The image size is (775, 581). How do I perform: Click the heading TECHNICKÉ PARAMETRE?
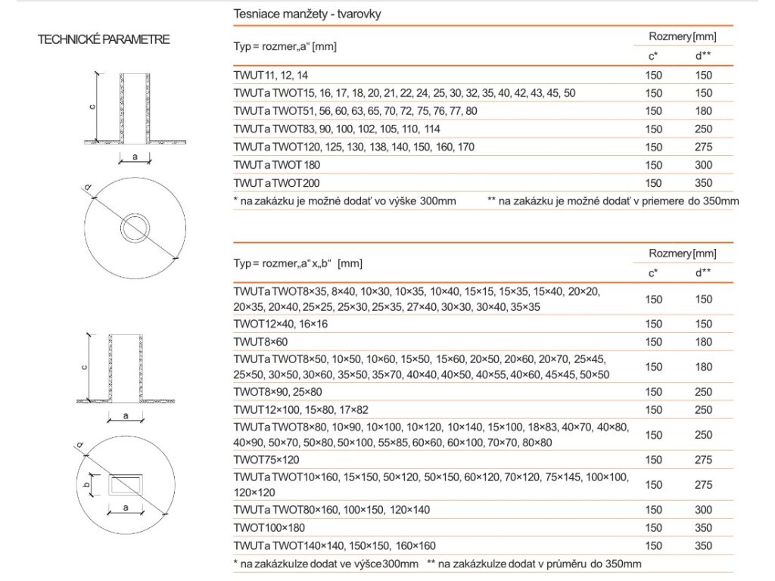tap(104, 39)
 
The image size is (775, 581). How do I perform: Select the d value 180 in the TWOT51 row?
tap(703, 111)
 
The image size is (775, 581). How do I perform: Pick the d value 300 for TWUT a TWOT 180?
tap(703, 165)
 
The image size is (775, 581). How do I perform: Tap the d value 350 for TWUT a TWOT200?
tap(703, 183)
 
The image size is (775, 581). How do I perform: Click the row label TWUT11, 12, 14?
tap(272, 75)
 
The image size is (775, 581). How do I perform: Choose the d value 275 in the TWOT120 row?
tap(703, 147)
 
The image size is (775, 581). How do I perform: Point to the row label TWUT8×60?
tap(258, 341)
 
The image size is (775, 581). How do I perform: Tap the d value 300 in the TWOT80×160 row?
tap(703, 510)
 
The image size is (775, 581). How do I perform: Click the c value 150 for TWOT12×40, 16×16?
tap(653, 324)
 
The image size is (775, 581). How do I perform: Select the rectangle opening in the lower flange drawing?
tap(129, 483)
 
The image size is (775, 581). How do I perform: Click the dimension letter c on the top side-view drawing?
tap(90, 107)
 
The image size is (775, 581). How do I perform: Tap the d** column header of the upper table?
tap(703, 54)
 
